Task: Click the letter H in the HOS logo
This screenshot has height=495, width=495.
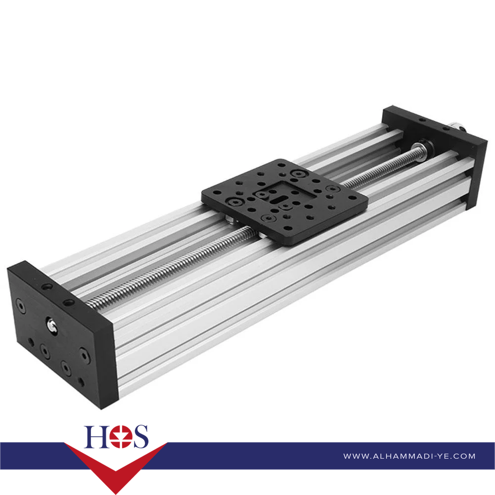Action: click(96, 437)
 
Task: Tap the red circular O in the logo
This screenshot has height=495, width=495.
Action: click(121, 437)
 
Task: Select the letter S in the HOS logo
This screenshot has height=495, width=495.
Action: click(140, 437)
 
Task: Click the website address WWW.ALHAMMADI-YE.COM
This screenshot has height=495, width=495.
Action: click(409, 456)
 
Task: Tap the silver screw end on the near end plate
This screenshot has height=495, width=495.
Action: click(52, 325)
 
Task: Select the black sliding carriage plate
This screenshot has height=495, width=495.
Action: click(284, 202)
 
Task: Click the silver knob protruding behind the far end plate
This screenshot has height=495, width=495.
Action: click(457, 126)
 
